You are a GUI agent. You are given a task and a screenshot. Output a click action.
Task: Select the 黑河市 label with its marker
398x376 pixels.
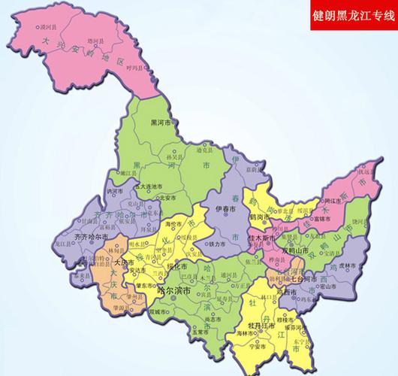[160, 122]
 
